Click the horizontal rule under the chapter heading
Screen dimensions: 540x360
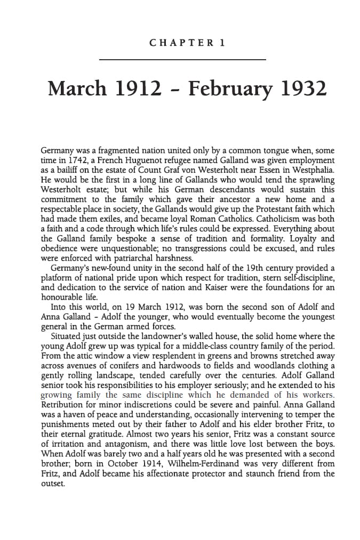click(182, 59)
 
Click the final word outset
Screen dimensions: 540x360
click(53, 483)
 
